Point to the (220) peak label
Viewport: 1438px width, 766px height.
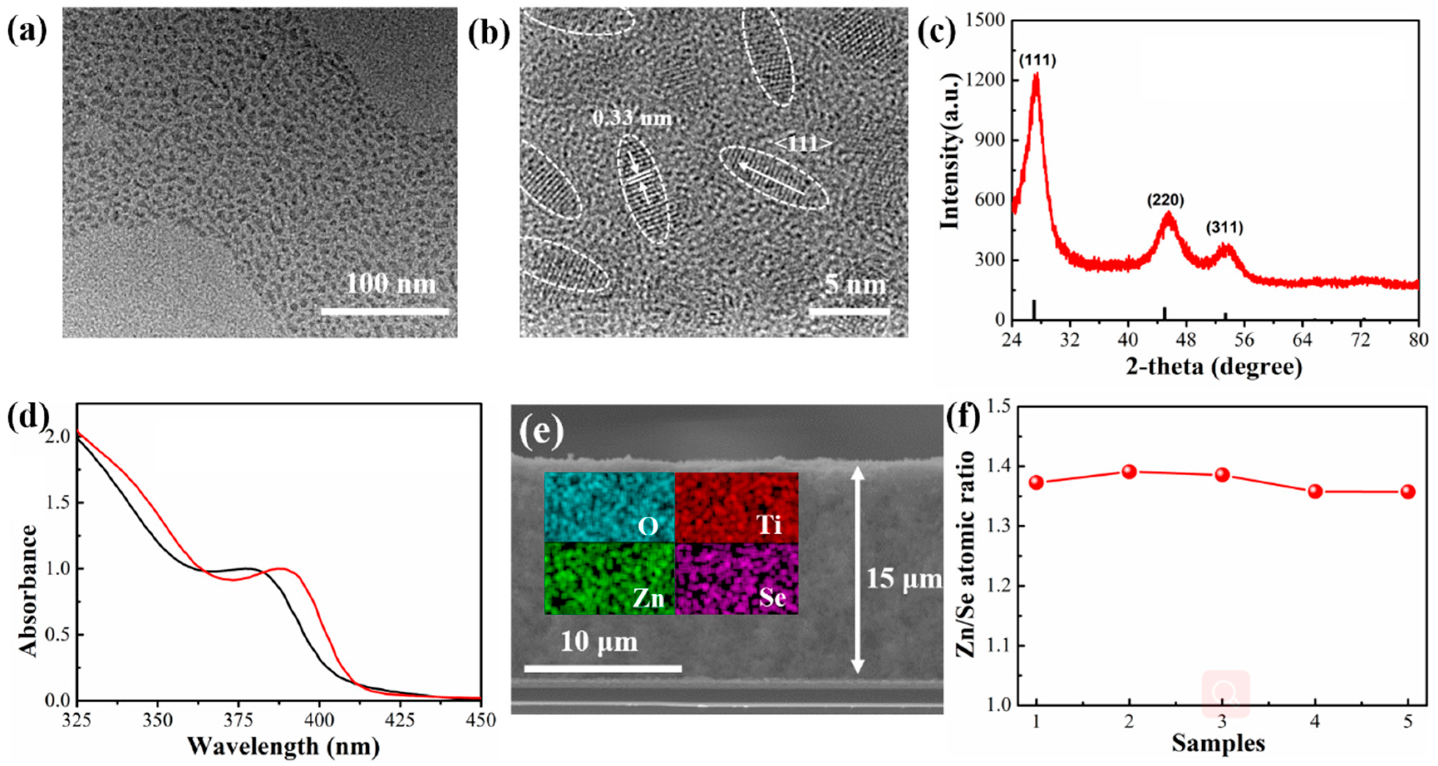(1166, 200)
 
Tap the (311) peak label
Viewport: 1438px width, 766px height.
(1225, 228)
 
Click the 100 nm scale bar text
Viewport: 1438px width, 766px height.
(391, 284)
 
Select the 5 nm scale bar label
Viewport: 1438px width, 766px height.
(855, 285)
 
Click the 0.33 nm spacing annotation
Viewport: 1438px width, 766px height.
(632, 119)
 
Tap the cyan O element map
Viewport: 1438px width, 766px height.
(609, 507)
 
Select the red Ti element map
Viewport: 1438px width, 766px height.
(737, 507)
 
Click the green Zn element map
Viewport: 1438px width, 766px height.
(609, 578)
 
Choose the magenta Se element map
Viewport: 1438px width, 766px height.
(737, 578)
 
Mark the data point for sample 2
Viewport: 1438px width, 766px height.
(1129, 472)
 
